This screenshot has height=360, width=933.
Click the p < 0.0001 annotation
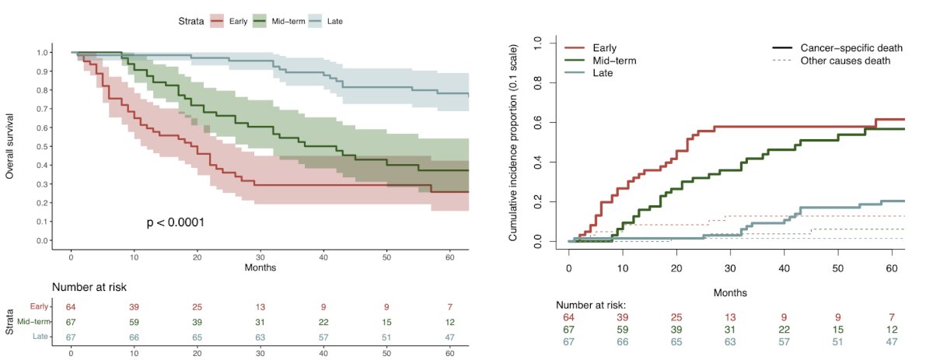pos(175,223)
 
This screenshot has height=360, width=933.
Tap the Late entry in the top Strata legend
pos(334,21)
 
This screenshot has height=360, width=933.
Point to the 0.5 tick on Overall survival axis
pos(40,146)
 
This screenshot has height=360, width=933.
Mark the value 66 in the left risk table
pos(134,336)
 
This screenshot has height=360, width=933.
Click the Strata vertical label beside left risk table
pos(10,321)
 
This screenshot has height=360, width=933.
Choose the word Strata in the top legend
pos(189,21)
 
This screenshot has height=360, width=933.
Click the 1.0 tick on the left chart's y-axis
pos(40,53)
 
